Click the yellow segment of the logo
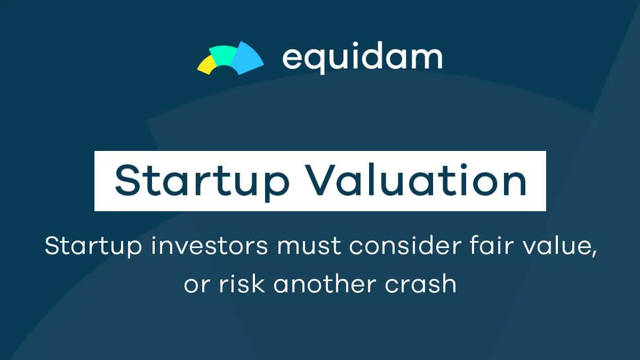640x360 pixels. (206, 65)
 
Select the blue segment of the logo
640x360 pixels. (247, 58)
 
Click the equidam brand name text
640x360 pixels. (363, 58)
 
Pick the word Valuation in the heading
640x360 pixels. (418, 180)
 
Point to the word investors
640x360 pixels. (210, 246)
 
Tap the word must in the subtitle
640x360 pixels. (309, 246)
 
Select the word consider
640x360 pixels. (405, 246)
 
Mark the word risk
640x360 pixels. (242, 284)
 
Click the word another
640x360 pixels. (325, 284)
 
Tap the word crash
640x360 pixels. (421, 284)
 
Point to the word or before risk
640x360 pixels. (197, 286)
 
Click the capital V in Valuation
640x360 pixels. (326, 180)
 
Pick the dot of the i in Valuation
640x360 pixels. (463, 166)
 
